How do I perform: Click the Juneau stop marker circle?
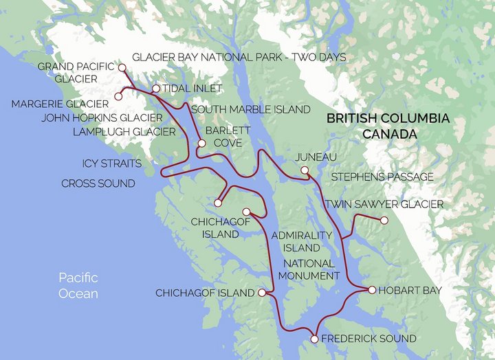click(x=305, y=170)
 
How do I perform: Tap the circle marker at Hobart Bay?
click(x=372, y=290)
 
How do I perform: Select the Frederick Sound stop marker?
click(x=314, y=339)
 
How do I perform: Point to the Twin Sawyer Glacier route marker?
click(x=384, y=221)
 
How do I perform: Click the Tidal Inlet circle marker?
click(x=156, y=89)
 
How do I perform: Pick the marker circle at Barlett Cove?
click(x=201, y=144)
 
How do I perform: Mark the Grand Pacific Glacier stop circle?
click(x=122, y=68)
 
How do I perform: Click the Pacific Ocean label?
click(x=78, y=286)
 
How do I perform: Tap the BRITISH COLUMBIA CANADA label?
click(x=388, y=126)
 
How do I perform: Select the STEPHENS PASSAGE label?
click(x=382, y=177)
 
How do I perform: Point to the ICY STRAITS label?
click(x=111, y=164)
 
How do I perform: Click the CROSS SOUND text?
click(x=98, y=184)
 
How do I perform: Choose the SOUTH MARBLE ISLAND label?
click(x=251, y=109)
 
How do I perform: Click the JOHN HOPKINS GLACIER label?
click(x=102, y=117)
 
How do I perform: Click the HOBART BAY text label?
click(x=412, y=291)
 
